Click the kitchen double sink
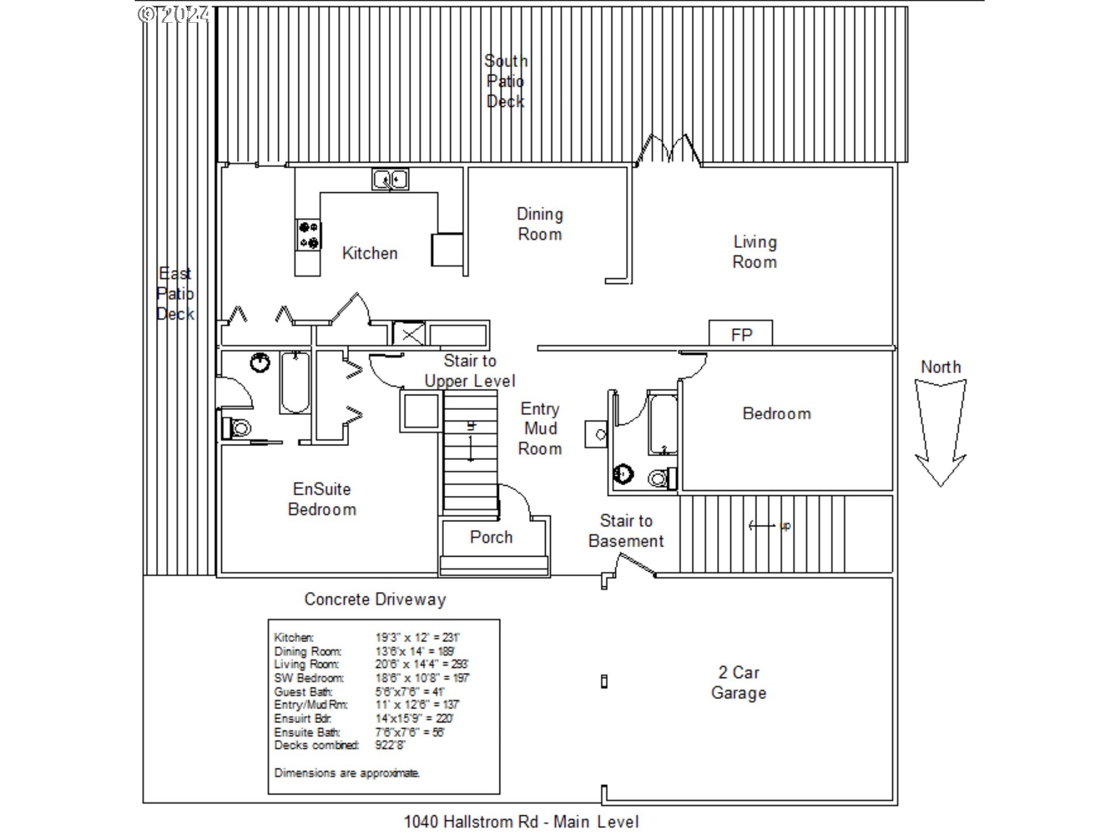[390, 179]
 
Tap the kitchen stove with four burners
[308, 235]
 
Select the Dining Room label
[540, 224]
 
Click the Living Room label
[754, 252]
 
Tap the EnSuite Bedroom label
[322, 499]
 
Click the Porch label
[491, 537]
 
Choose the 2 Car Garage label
[738, 682]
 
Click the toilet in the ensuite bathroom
[237, 428]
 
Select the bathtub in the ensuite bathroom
[295, 383]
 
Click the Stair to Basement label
[626, 531]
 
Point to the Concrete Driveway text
[375, 599]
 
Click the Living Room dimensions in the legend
[421, 664]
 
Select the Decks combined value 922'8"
[390, 745]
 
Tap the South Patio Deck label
[505, 81]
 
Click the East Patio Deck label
[175, 293]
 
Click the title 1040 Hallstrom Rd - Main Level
[521, 822]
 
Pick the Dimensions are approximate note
[346, 773]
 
